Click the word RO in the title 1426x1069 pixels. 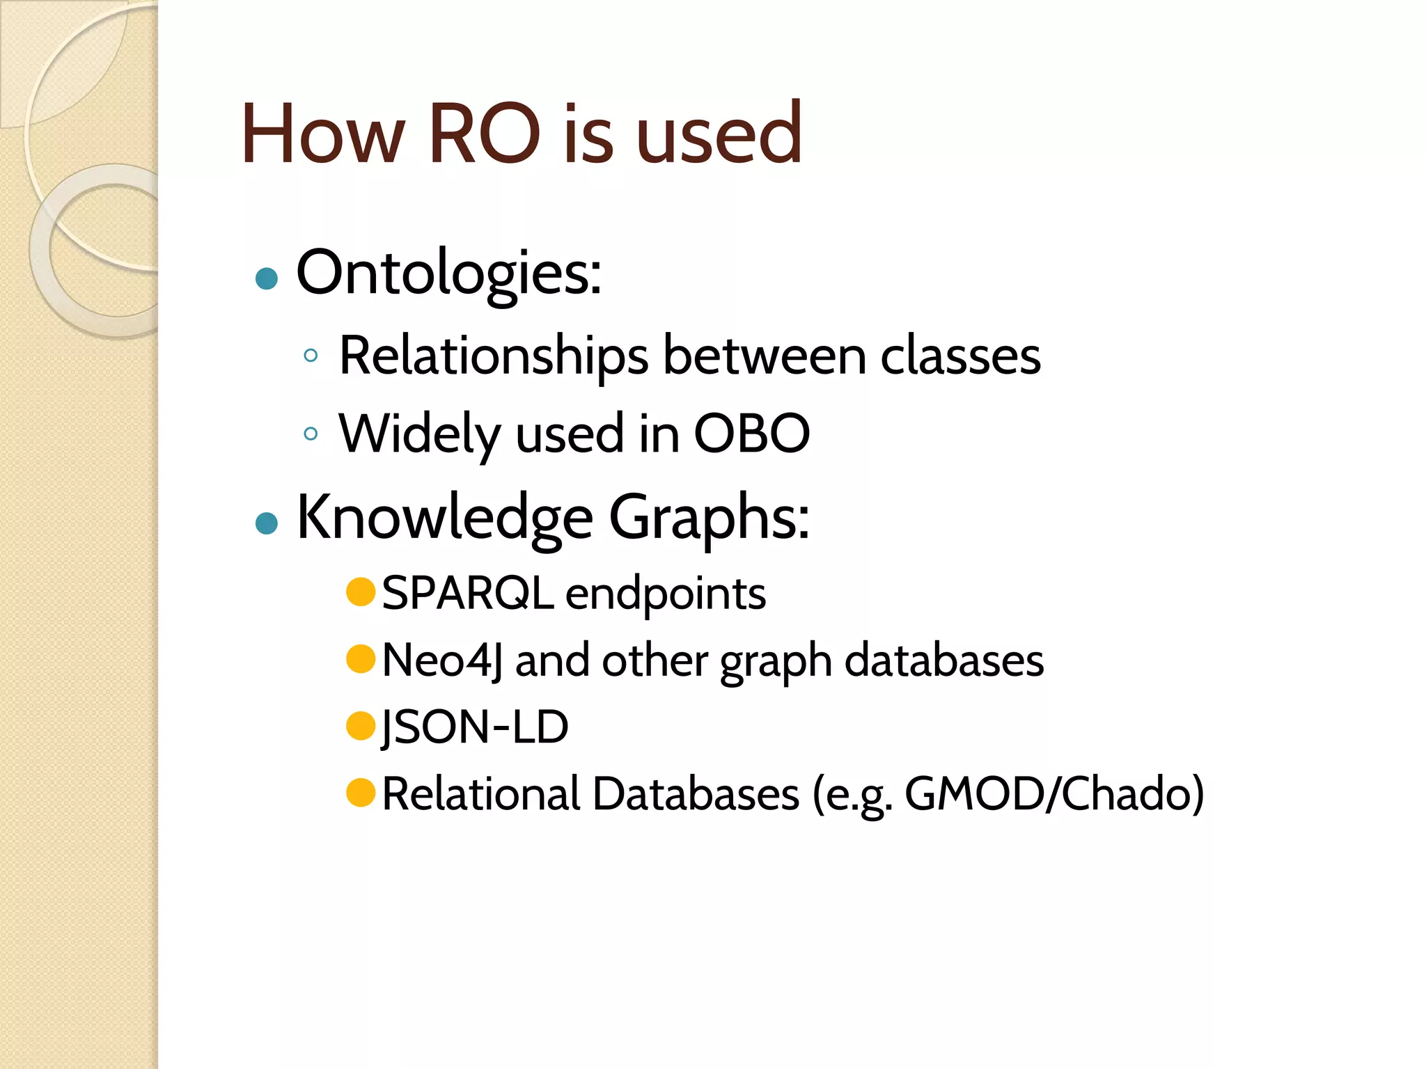point(485,134)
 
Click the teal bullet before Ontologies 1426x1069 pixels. point(267,279)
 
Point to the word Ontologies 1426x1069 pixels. point(448,273)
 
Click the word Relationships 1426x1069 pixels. point(494,356)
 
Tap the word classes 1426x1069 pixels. point(960,356)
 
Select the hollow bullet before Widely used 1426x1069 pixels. point(311,434)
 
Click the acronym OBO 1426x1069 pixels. point(752,434)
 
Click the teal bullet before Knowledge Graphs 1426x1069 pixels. point(267,523)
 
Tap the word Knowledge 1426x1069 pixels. point(445,518)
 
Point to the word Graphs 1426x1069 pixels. point(709,519)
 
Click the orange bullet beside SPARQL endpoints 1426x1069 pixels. point(361,592)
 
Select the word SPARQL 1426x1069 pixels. point(467,594)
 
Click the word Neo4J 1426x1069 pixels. point(442,660)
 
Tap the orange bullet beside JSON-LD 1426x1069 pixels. point(361,726)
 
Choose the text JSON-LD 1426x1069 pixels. point(475,727)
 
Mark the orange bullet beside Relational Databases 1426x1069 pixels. point(361,793)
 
